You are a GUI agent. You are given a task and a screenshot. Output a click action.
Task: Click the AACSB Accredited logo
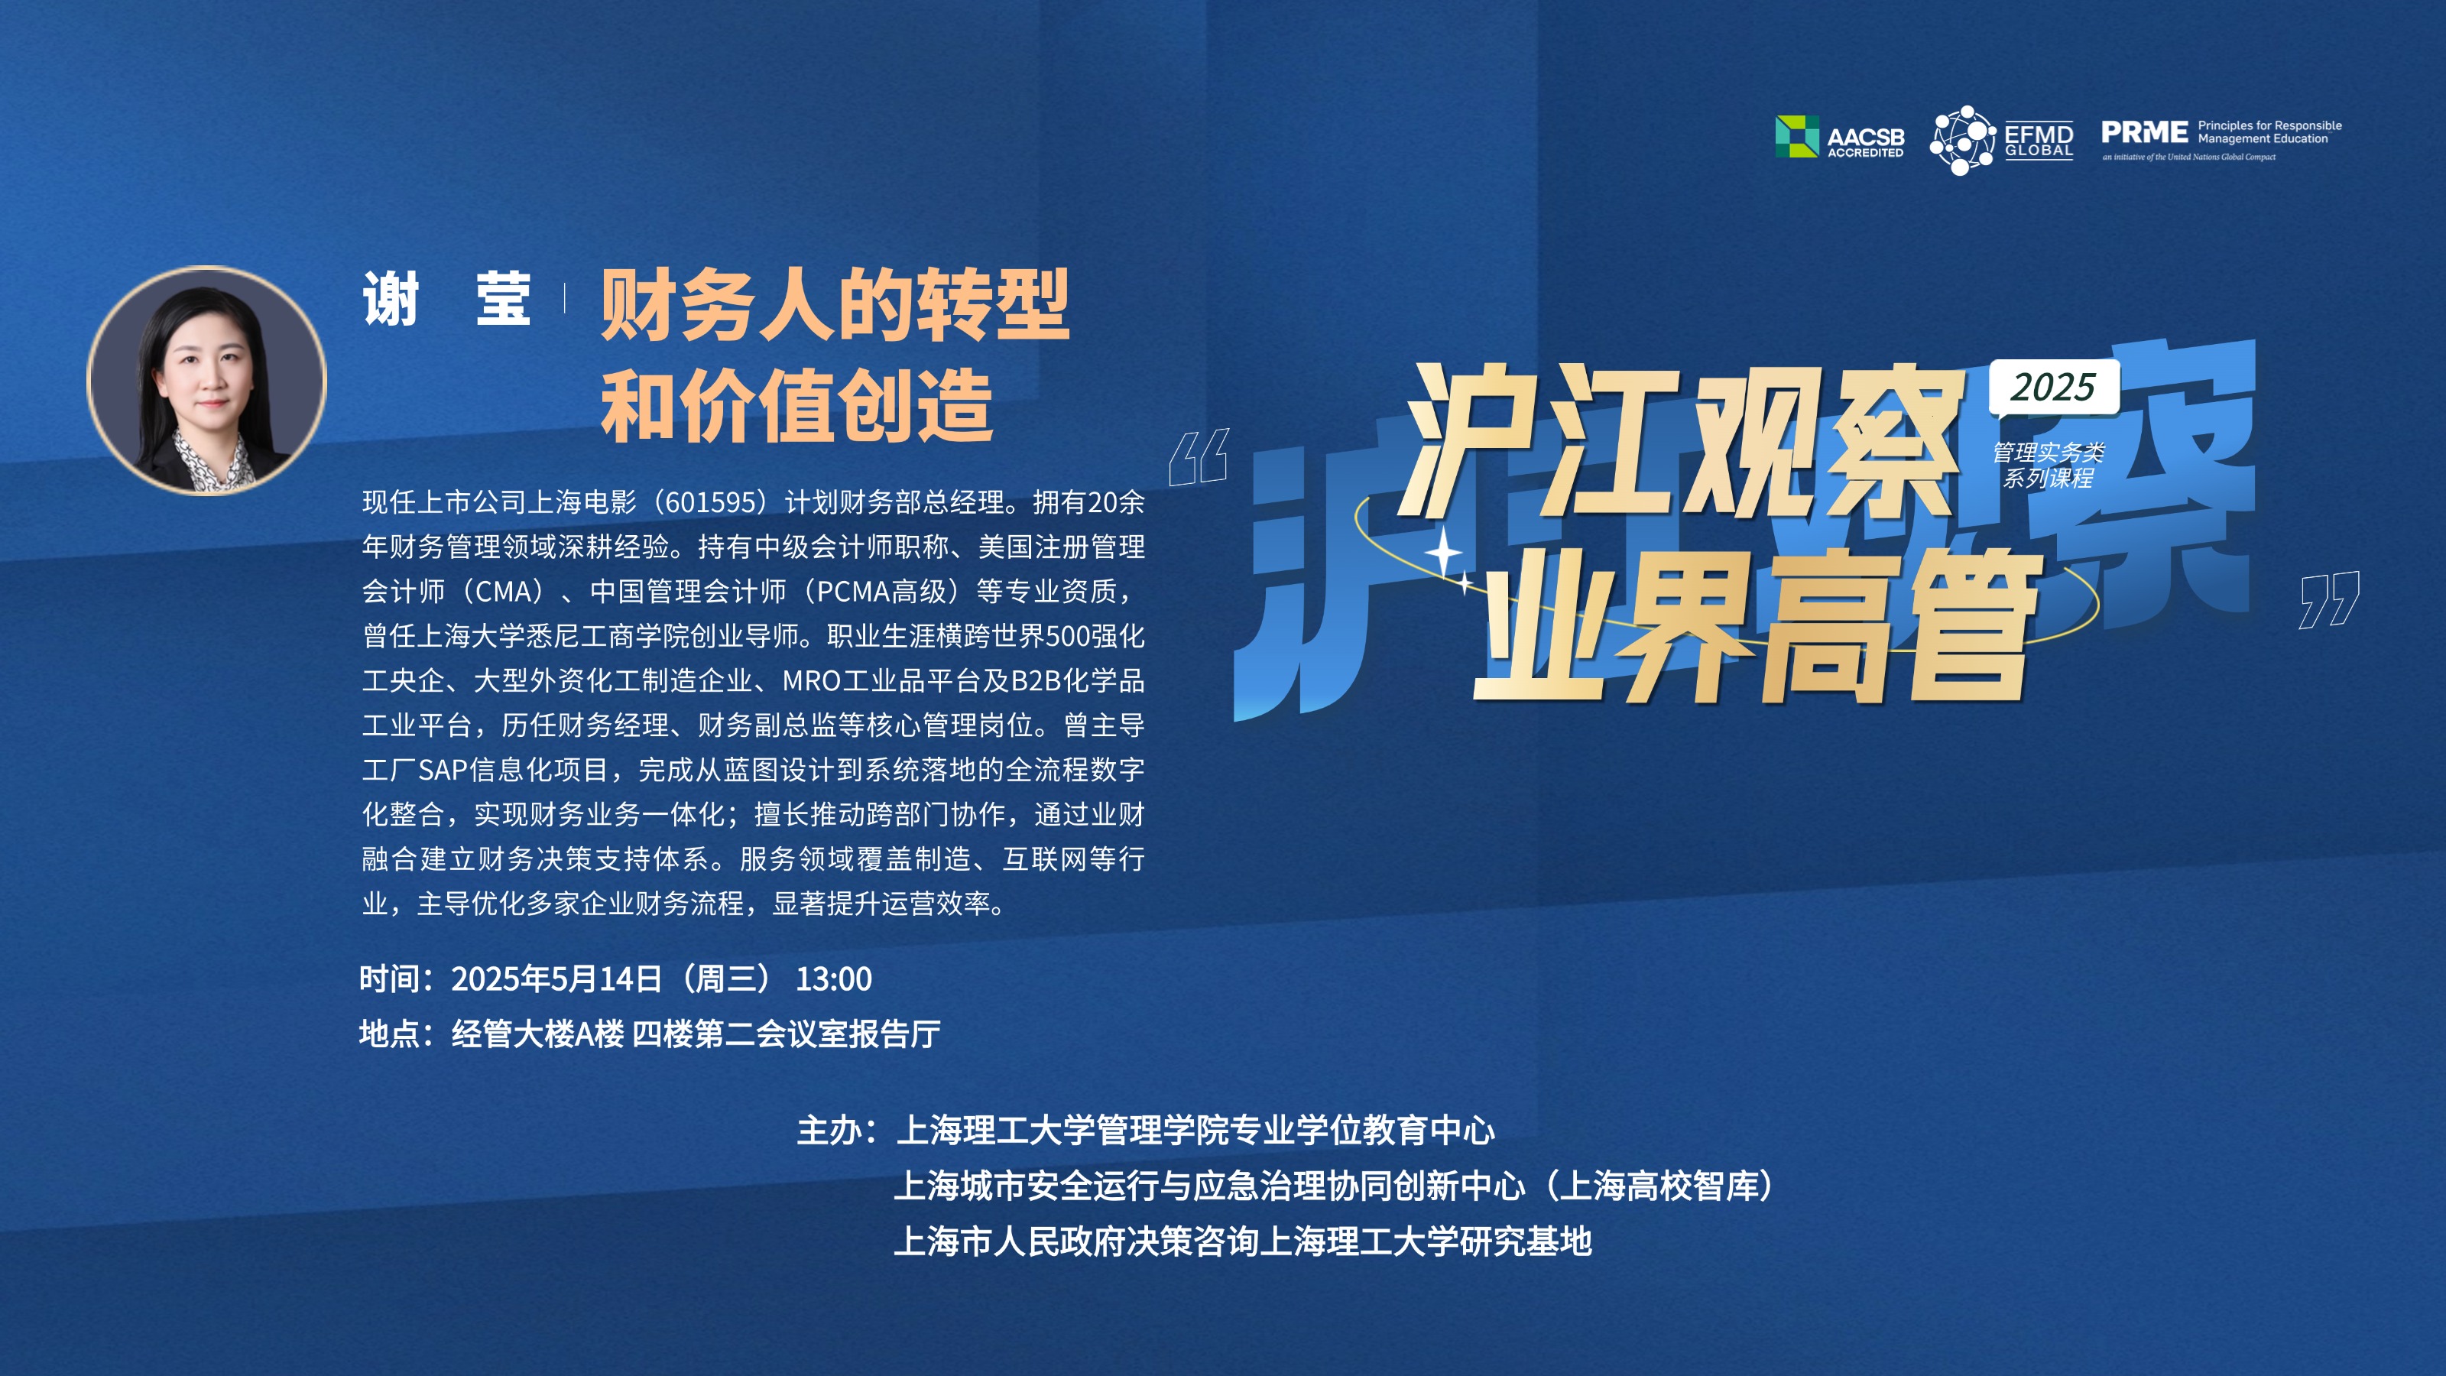tap(1839, 137)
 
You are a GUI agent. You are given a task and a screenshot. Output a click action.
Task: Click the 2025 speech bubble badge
tap(2054, 388)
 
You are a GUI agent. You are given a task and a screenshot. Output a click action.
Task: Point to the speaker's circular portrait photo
tap(207, 381)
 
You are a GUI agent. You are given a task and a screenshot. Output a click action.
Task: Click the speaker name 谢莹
tap(446, 299)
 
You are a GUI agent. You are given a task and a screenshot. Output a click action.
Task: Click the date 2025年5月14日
tap(556, 979)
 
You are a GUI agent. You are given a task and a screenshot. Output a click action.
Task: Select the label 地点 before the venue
tap(389, 1034)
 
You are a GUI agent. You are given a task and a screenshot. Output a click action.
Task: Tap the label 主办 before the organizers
tap(828, 1130)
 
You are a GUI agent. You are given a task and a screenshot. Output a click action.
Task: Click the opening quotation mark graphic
tap(1199, 457)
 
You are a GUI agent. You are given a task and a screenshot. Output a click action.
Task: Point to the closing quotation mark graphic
tap(2329, 600)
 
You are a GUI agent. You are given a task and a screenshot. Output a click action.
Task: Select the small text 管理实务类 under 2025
tap(2049, 452)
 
